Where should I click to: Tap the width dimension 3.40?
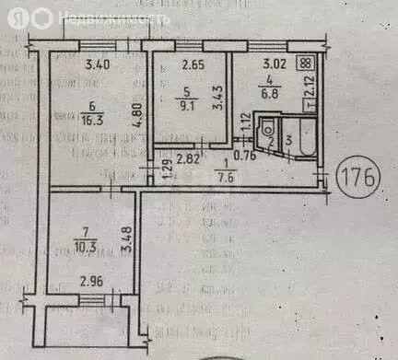click(99, 65)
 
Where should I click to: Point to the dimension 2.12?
click(313, 90)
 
